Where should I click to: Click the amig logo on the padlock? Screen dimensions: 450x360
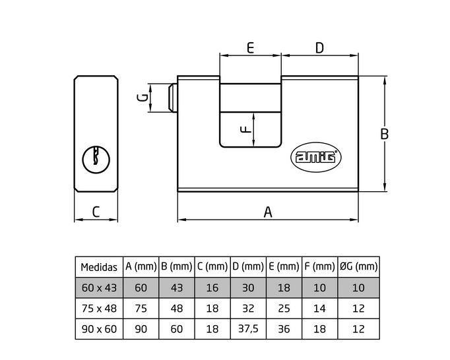pos(316,157)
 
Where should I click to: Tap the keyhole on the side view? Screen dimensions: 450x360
pos(96,160)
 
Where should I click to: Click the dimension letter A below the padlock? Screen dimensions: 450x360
pos(268,212)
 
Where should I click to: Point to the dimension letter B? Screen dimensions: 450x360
pos(384,134)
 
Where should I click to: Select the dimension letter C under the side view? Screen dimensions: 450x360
pos(96,212)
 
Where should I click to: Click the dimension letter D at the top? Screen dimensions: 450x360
pos(319,48)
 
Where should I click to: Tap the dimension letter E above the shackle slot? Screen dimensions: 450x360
pos(250,47)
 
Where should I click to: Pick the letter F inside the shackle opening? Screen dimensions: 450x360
pos(245,129)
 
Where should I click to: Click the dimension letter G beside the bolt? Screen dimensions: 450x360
pos(143,98)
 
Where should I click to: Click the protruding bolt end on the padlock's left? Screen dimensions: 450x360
pos(173,98)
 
